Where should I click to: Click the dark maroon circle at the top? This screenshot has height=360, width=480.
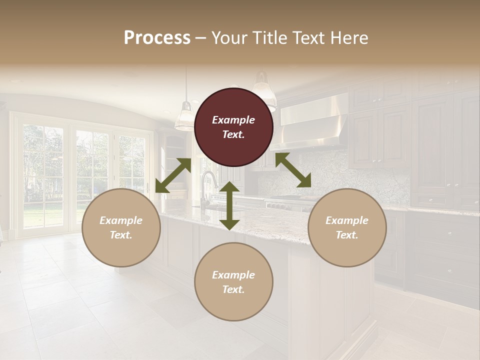(233, 127)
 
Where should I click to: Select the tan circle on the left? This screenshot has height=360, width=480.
(121, 228)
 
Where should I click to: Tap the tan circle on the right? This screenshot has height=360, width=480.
(347, 228)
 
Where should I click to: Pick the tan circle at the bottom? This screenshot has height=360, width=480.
(233, 282)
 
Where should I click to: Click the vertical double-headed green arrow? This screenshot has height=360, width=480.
(229, 205)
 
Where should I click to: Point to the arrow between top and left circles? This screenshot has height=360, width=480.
(173, 175)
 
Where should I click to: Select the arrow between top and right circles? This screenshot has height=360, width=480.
(293, 170)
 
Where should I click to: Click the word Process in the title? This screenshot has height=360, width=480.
(157, 37)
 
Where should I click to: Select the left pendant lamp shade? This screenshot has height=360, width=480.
(185, 117)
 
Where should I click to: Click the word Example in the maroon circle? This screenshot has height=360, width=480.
(233, 120)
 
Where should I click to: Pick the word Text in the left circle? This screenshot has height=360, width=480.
(121, 235)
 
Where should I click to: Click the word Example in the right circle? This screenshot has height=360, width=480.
(347, 220)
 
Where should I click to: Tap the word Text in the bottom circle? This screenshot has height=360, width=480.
(233, 289)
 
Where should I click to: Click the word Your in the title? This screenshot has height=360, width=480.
(225, 37)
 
